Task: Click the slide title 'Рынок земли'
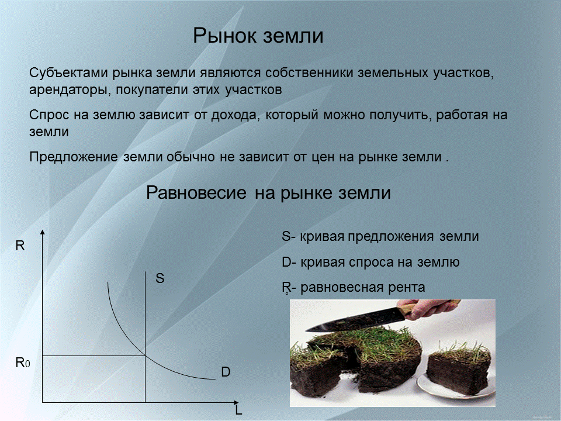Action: [x=258, y=36]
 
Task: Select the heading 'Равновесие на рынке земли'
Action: [x=268, y=193]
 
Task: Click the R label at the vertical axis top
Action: [x=20, y=246]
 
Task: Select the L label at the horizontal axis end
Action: [x=238, y=410]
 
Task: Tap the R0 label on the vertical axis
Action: [x=22, y=363]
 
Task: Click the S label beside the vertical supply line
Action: [x=160, y=279]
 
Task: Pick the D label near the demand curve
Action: [x=226, y=372]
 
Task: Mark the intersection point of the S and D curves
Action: [x=145, y=355]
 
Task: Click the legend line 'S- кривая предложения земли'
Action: [x=380, y=237]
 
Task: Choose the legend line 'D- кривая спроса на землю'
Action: [x=370, y=263]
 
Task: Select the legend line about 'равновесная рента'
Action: [x=354, y=288]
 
